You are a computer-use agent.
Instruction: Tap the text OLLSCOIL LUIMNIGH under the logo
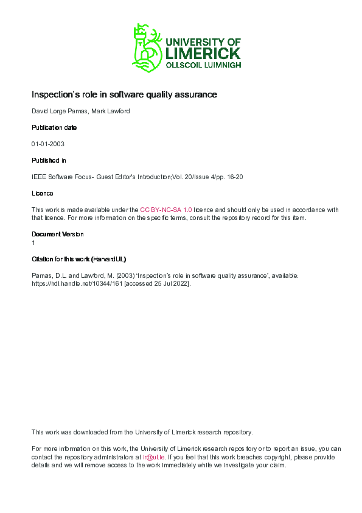(x=203, y=65)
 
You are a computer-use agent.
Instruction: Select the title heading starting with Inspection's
(x=124, y=95)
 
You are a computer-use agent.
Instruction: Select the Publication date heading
(x=54, y=127)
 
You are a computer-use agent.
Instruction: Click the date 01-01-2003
(x=48, y=144)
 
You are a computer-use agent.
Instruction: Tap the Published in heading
(x=49, y=160)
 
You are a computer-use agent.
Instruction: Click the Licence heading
(x=43, y=193)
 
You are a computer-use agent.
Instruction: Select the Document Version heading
(x=58, y=234)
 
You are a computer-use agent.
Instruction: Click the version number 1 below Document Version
(x=33, y=242)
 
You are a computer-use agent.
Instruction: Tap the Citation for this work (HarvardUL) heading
(x=79, y=259)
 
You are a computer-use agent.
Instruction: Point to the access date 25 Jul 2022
(x=173, y=283)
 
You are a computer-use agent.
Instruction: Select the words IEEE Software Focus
(x=59, y=177)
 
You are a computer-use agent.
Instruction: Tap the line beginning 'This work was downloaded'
(x=142, y=432)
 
